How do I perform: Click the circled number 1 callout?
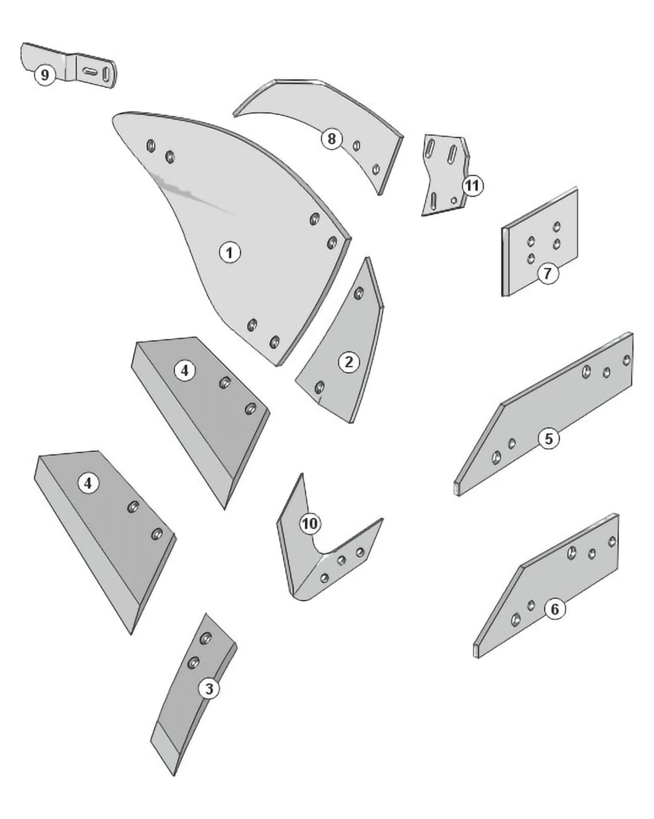(230, 252)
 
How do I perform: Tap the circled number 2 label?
(349, 362)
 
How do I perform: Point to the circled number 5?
(549, 439)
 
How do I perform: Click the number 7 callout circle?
(548, 272)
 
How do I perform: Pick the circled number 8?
(331, 139)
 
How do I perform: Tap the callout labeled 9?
(45, 75)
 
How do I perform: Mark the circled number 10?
(310, 523)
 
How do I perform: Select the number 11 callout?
(473, 186)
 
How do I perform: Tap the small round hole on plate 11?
(454, 200)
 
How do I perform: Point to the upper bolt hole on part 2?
(358, 293)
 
